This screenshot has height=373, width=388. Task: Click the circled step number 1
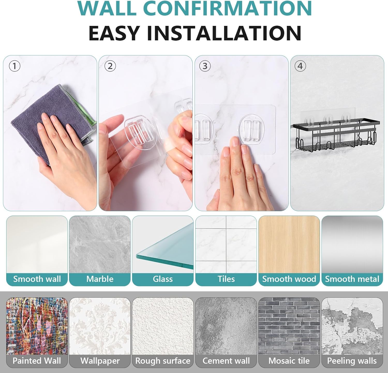click(x=14, y=66)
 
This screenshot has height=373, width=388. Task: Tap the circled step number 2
click(x=110, y=66)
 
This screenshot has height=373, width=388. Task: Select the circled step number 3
click(x=205, y=66)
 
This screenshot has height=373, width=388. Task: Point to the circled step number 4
click(x=300, y=66)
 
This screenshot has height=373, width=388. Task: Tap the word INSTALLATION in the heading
click(x=224, y=33)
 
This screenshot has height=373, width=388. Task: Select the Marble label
click(x=100, y=279)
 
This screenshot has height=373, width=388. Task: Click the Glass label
click(x=163, y=279)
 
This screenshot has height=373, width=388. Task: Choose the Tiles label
click(x=226, y=279)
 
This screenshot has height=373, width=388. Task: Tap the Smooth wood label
click(x=289, y=279)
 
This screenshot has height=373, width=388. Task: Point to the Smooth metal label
click(x=352, y=279)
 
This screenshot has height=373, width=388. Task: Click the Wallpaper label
click(x=100, y=361)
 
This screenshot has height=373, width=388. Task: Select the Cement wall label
click(x=226, y=361)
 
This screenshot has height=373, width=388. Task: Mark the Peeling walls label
click(x=352, y=361)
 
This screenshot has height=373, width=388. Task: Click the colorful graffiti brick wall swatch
click(x=37, y=326)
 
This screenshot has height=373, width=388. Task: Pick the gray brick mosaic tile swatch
click(x=289, y=326)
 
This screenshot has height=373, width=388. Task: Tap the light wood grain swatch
click(x=289, y=244)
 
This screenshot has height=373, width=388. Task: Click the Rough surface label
click(x=163, y=361)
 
